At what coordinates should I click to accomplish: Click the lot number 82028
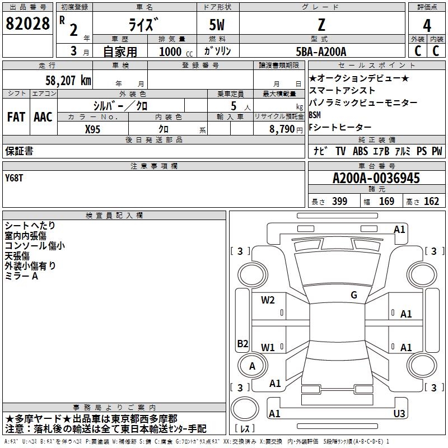pyautogui.click(x=27, y=24)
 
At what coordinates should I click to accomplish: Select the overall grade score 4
pyautogui.click(x=427, y=25)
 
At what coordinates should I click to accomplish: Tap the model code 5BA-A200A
pyautogui.click(x=321, y=51)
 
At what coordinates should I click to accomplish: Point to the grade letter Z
pyautogui.click(x=320, y=25)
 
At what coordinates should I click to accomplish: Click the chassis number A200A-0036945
pyautogui.click(x=376, y=179)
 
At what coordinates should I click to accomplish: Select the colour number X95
pyautogui.click(x=94, y=128)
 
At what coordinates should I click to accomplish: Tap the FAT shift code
pyautogui.click(x=16, y=117)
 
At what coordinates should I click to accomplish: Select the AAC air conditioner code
pyautogui.click(x=43, y=117)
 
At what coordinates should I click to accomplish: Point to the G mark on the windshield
pyautogui.click(x=353, y=295)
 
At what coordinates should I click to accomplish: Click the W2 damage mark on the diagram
pyautogui.click(x=268, y=300)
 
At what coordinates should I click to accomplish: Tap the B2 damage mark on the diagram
pyautogui.click(x=242, y=344)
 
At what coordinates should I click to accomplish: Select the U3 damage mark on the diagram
pyautogui.click(x=399, y=413)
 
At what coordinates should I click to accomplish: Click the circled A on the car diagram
pyautogui.click(x=252, y=366)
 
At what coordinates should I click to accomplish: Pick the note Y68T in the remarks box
pyautogui.click(x=15, y=178)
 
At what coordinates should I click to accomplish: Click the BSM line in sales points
pyautogui.click(x=314, y=115)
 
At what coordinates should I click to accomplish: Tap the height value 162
pyautogui.click(x=431, y=202)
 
